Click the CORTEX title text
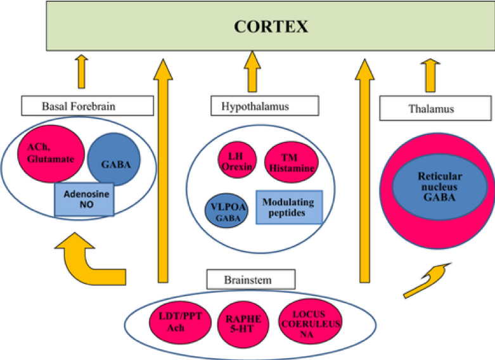(271, 27)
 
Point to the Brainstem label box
(251, 279)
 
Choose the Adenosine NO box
(84, 199)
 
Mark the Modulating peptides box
(288, 207)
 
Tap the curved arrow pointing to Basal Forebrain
(82, 255)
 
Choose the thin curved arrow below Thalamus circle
(423, 280)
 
